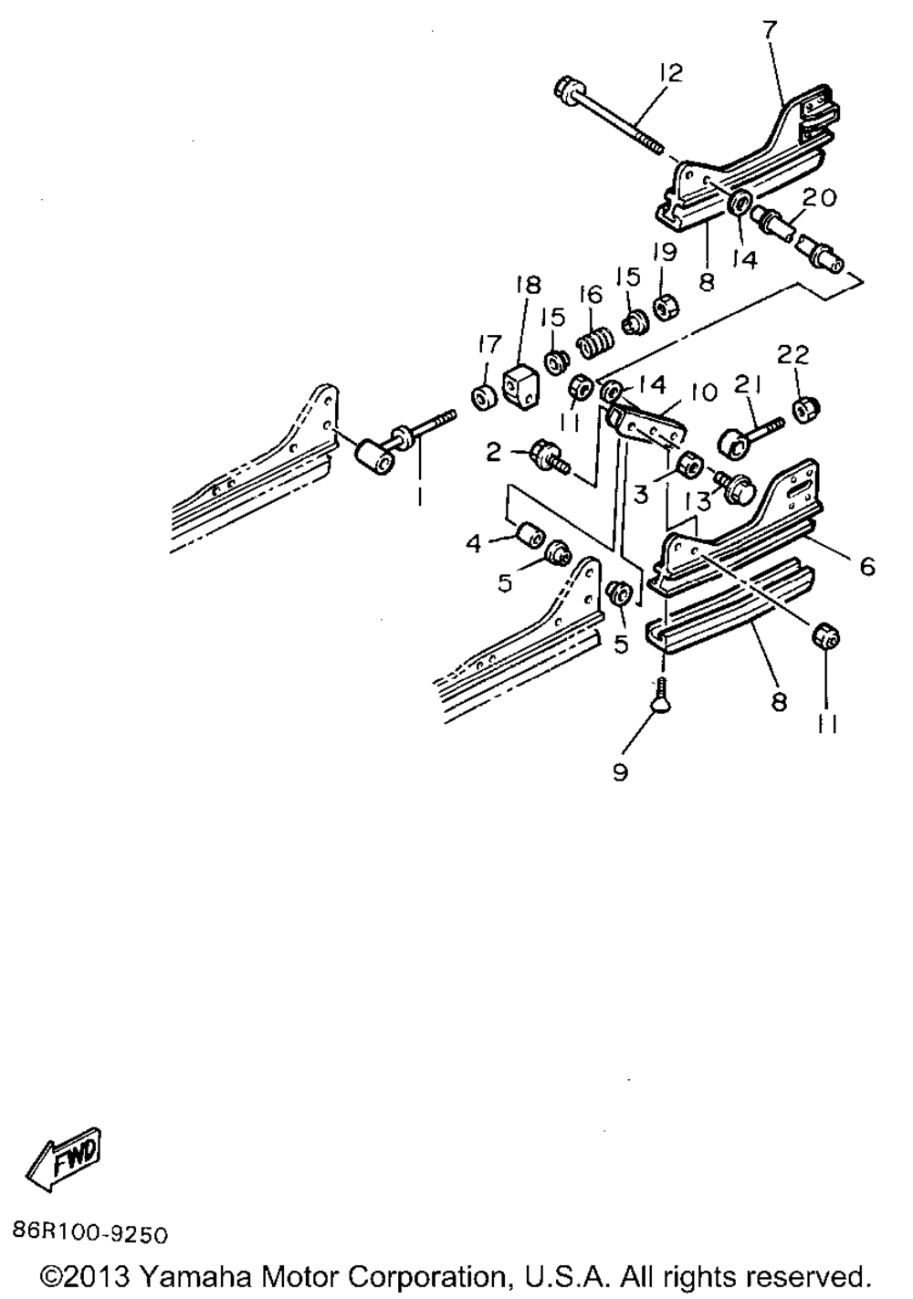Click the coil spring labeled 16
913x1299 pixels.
(594, 347)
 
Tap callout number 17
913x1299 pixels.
(490, 344)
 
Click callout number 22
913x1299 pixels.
(793, 353)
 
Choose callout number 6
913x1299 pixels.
(866, 567)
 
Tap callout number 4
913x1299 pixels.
(473, 544)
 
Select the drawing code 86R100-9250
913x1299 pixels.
(90, 1234)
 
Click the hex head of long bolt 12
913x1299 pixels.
(563, 89)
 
